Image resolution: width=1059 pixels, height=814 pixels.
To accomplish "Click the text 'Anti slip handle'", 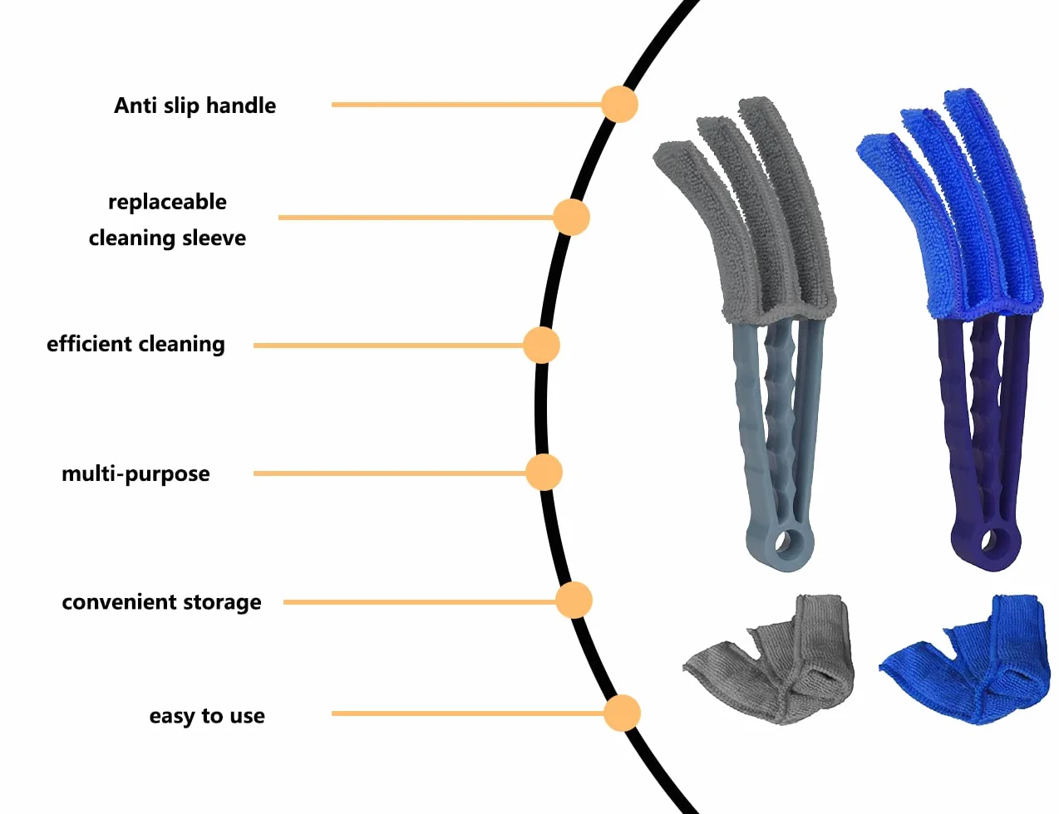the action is pyautogui.click(x=195, y=105).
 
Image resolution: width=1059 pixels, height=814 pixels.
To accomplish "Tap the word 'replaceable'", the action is pyautogui.click(x=167, y=202).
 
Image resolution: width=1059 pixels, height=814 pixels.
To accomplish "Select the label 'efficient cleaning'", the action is pyautogui.click(x=136, y=344).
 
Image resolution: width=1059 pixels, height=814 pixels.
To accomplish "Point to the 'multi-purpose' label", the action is pyautogui.click(x=136, y=473).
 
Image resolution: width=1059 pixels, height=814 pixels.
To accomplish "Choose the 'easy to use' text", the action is pyautogui.click(x=207, y=716).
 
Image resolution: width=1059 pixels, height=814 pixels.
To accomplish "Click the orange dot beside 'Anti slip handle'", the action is pyautogui.click(x=619, y=104).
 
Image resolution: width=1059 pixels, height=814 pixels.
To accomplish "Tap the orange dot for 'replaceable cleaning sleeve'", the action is pyautogui.click(x=571, y=217).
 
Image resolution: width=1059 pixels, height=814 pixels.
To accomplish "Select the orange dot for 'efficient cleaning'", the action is pyautogui.click(x=541, y=346).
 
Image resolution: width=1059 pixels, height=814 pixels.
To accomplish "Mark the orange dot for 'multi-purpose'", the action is pyautogui.click(x=544, y=473).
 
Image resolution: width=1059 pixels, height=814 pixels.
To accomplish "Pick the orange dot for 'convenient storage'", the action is pyautogui.click(x=574, y=601).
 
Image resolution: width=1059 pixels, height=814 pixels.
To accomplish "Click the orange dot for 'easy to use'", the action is pyautogui.click(x=622, y=713).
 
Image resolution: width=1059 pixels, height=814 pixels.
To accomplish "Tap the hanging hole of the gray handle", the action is pyautogui.click(x=784, y=541).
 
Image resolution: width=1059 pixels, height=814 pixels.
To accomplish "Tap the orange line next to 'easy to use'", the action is pyautogui.click(x=468, y=713).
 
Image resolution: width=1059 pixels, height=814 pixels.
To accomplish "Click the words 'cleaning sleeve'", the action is pyautogui.click(x=167, y=238).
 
